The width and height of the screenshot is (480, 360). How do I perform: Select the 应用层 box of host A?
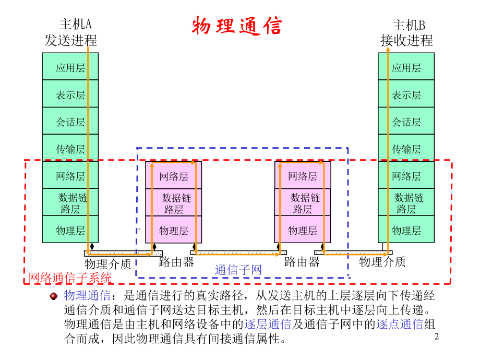coord(70,67)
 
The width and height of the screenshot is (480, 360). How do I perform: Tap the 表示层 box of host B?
coord(406,95)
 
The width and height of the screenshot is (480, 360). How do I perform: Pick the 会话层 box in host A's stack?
coord(70,122)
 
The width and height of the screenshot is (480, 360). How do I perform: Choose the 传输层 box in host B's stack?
coord(406,149)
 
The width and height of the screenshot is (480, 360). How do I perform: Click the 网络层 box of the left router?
coord(173,176)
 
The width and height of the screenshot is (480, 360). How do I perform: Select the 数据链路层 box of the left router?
coord(173,203)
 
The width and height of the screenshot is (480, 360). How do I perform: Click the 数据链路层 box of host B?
coord(406,203)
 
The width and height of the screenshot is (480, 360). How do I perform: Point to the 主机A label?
coord(75,25)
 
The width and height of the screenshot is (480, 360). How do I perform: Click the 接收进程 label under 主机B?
coord(406,41)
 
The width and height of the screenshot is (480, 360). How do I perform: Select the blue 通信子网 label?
coord(238,270)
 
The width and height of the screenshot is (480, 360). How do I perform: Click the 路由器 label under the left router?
coord(176,262)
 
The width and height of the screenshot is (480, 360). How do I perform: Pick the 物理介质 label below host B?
coord(382,262)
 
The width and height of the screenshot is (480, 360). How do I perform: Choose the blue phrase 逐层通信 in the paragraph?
coord(267,325)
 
